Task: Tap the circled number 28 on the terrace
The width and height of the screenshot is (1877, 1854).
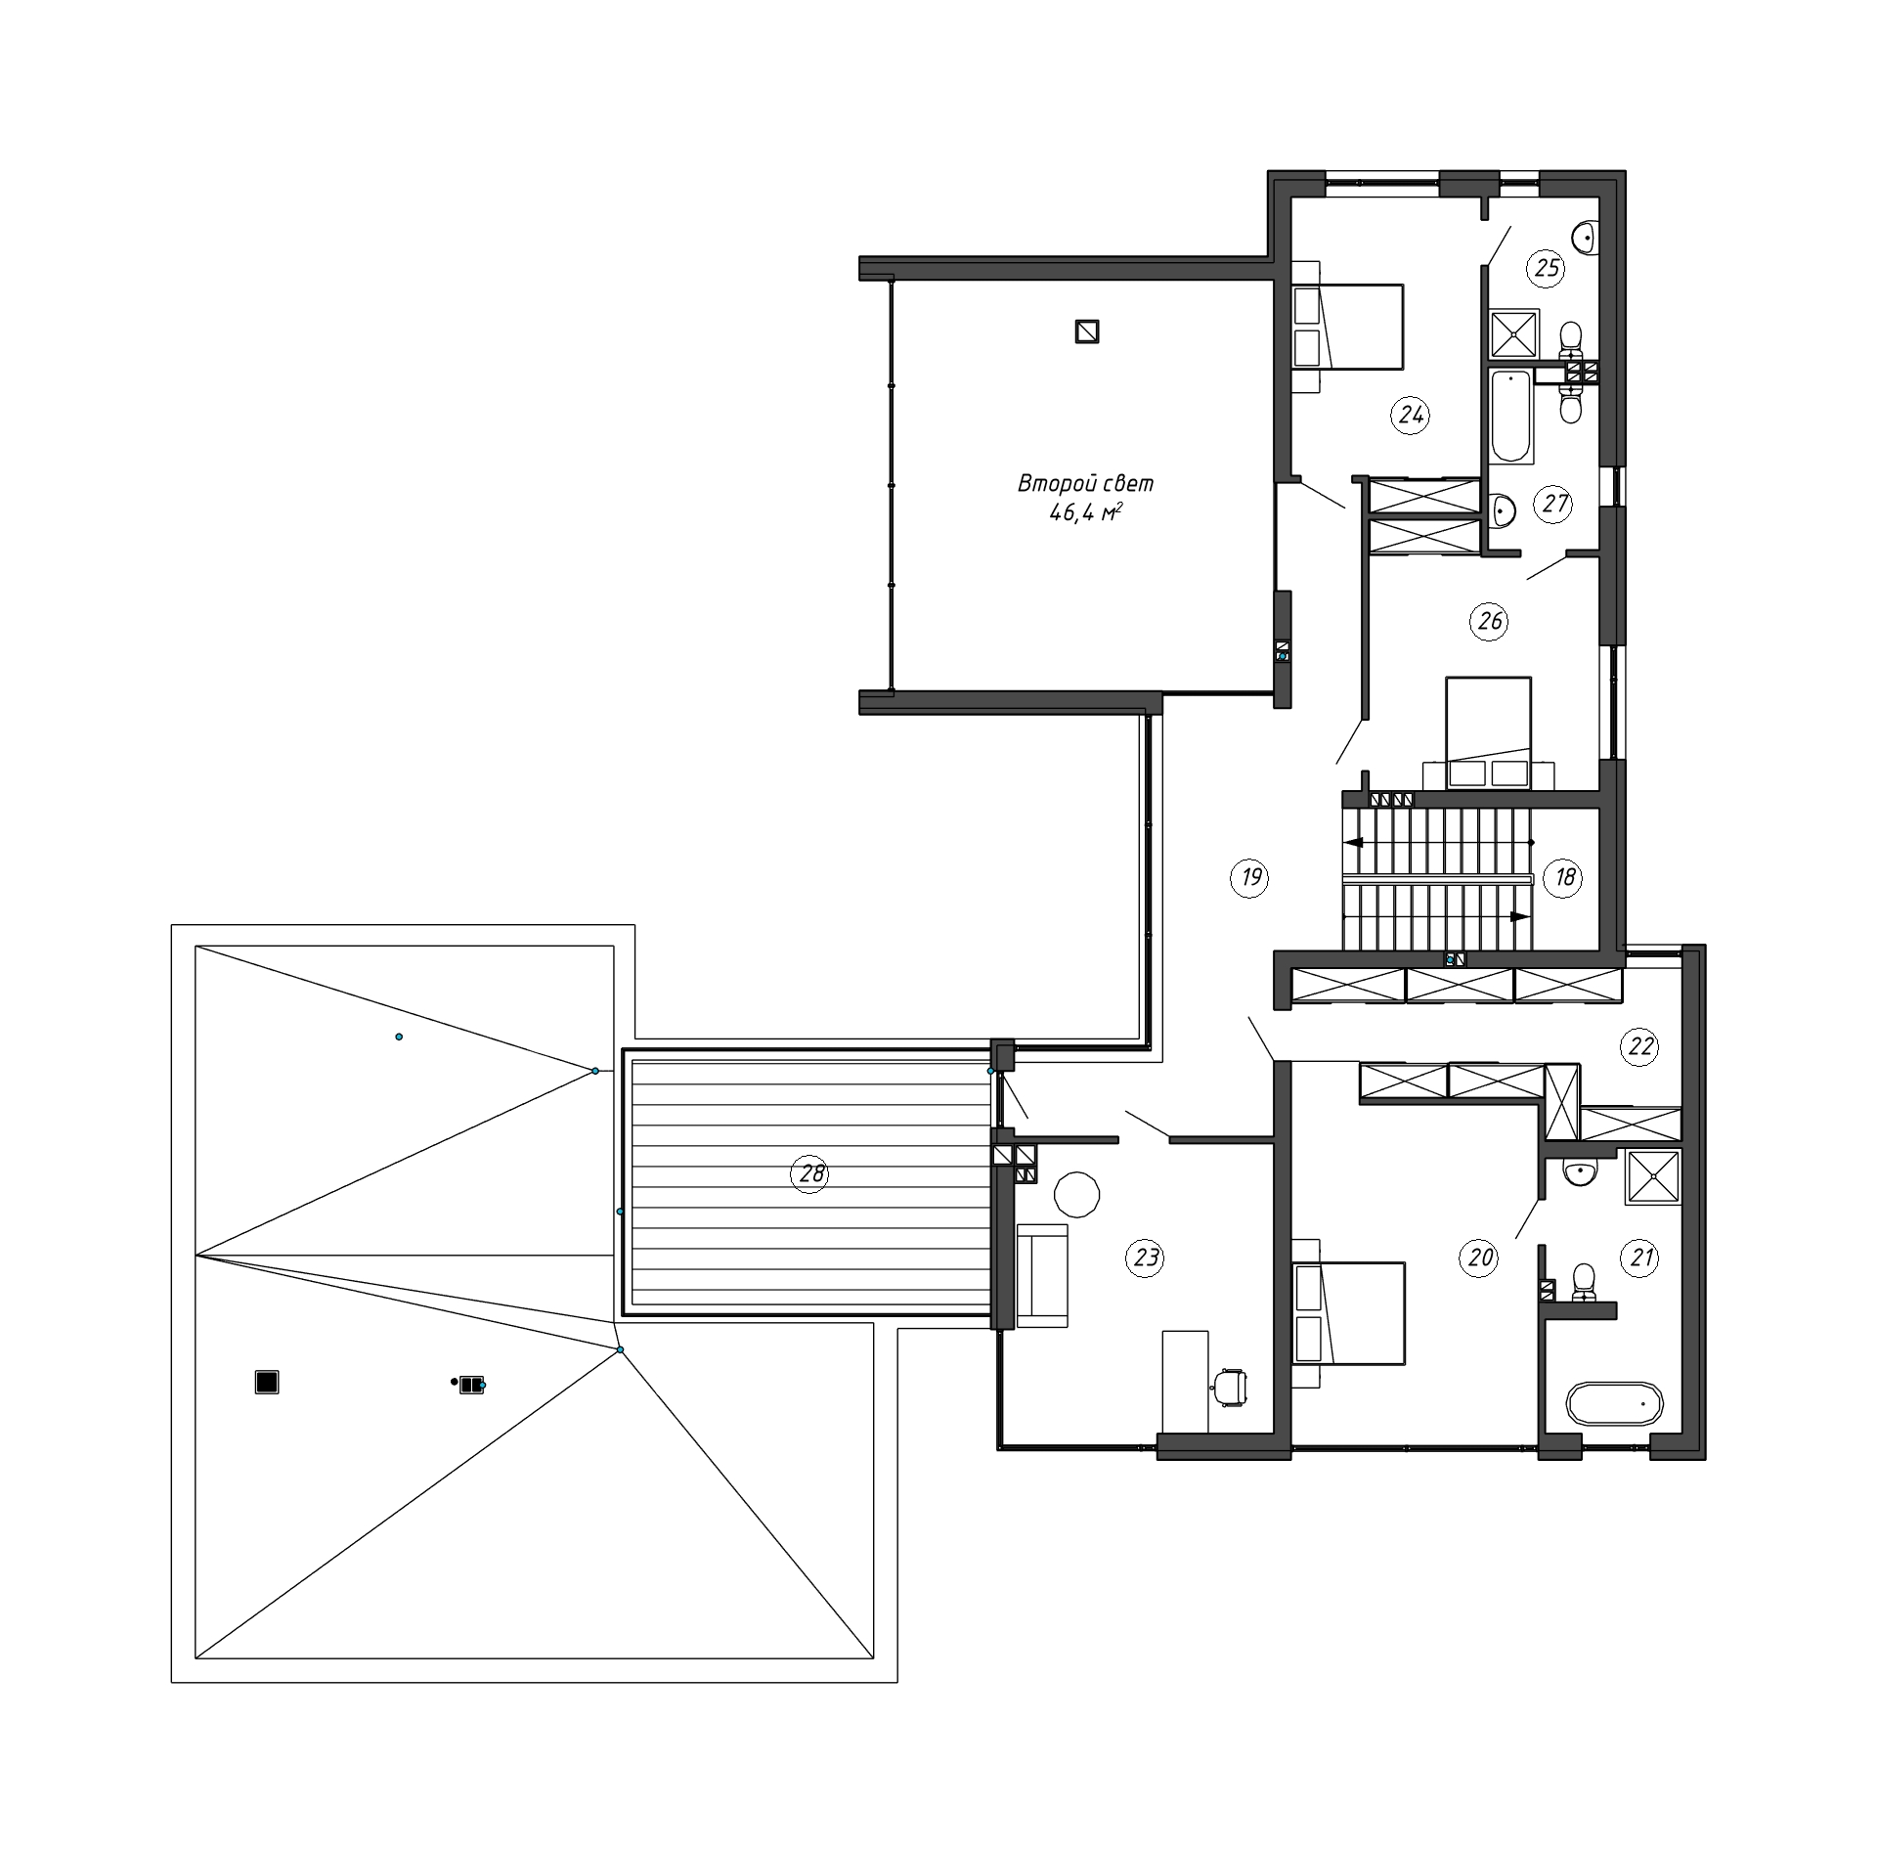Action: [810, 1172]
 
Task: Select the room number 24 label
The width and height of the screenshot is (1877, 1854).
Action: [1410, 416]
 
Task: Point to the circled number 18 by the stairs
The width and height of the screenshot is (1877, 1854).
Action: [1564, 877]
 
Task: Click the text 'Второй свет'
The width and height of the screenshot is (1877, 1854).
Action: [1085, 483]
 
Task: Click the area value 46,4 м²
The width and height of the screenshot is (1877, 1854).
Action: [1085, 512]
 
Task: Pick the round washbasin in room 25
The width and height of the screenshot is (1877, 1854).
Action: [1586, 236]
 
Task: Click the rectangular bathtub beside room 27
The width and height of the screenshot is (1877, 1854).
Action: [1510, 416]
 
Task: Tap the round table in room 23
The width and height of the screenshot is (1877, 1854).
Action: [1077, 1194]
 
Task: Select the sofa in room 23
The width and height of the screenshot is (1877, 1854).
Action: [1042, 1275]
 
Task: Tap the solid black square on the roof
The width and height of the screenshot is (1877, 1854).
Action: [267, 1382]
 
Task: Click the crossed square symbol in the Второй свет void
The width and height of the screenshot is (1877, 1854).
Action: [1087, 331]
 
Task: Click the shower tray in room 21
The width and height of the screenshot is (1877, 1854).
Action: [1653, 1177]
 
